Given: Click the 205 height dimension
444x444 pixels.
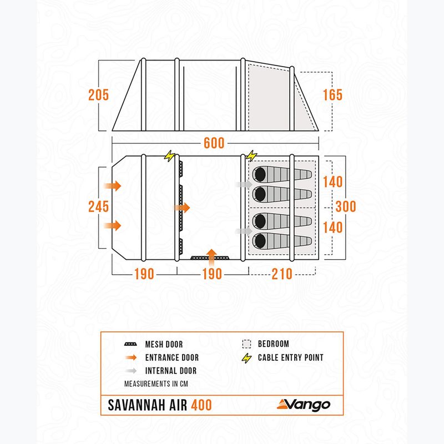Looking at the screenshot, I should coord(98,94).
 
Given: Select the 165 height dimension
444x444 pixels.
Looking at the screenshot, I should coord(332,94).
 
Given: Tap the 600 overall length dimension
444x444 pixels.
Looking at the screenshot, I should coord(214,143).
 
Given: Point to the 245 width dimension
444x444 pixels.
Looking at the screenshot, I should coord(98,206).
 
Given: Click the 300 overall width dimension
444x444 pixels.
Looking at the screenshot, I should coord(345,206).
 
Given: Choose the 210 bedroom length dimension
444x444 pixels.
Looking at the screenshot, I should coord(281,274).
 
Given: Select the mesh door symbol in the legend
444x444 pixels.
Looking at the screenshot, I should coord(131,345).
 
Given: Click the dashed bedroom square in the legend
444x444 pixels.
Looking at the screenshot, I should coord(246,344).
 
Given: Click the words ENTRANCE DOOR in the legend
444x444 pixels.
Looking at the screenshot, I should coord(171,358).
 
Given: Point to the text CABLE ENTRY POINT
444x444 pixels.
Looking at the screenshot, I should coord(291,358).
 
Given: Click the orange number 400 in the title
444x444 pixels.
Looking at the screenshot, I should coord(200,405).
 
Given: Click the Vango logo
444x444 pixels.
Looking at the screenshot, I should coord(304,405).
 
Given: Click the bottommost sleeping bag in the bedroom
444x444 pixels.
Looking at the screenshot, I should coord(282,240).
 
